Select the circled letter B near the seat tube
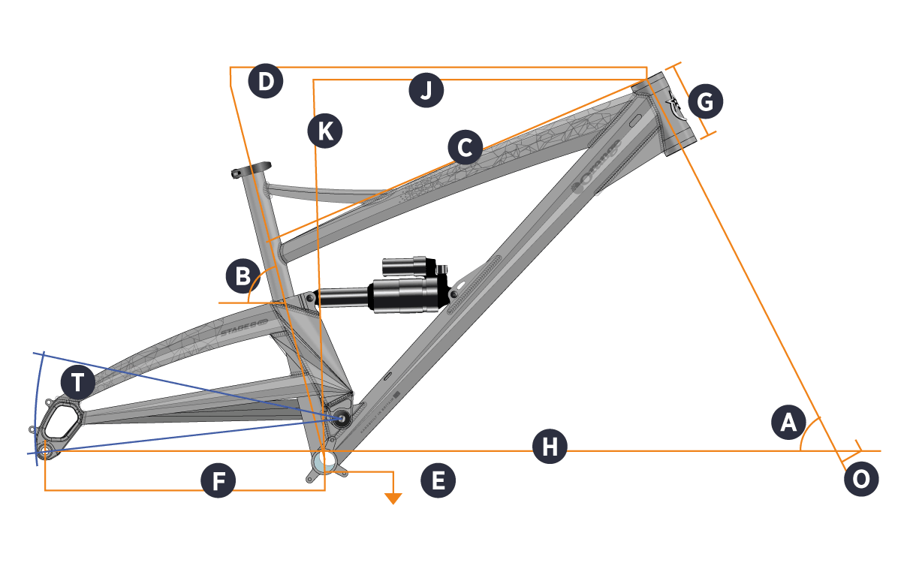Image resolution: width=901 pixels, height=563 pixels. click(243, 277)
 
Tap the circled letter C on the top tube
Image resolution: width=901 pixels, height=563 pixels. click(465, 147)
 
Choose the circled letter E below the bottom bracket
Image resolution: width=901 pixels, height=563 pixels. click(438, 481)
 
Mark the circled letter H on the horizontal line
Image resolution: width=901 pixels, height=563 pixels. click(550, 447)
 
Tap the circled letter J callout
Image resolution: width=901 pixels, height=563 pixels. click(426, 91)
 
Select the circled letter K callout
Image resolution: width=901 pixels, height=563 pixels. click(324, 131)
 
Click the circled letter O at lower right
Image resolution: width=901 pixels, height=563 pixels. click(861, 479)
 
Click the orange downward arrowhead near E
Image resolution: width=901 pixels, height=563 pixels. click(393, 498)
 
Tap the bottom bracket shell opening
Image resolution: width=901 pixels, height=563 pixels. click(324, 459)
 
